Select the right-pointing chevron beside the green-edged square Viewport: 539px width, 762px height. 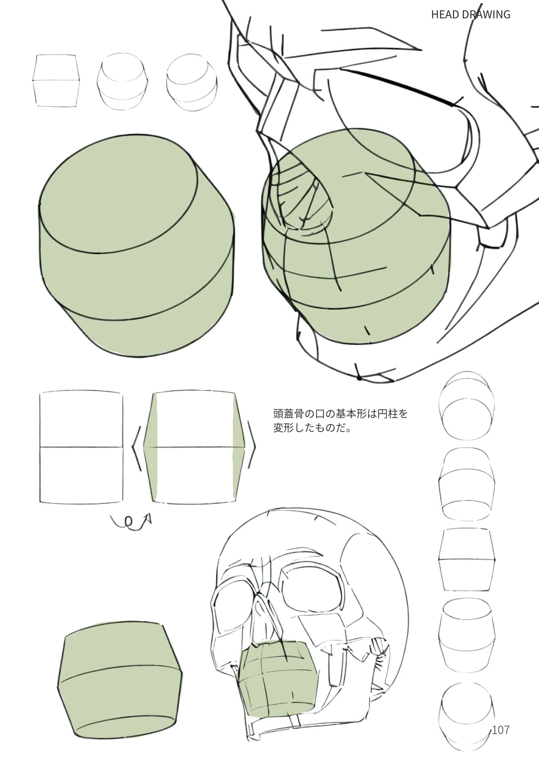[x=252, y=447]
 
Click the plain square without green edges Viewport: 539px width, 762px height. [x=81, y=447]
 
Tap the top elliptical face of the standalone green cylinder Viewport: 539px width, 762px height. [x=119, y=194]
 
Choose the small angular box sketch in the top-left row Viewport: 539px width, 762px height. [x=56, y=80]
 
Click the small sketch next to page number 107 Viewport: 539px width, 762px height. [x=466, y=713]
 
